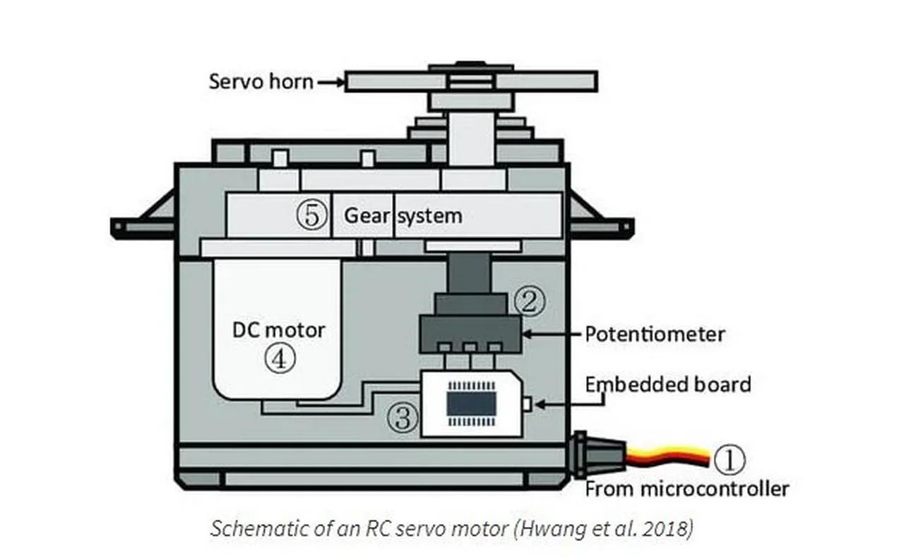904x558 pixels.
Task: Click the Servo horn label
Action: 261,81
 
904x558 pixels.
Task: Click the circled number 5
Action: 311,215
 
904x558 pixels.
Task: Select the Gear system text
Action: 403,215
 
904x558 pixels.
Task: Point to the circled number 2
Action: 529,301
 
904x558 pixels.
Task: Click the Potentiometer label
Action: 654,333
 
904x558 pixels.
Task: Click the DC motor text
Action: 279,330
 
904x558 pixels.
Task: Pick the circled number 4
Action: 279,359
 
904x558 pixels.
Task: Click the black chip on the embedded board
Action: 471,404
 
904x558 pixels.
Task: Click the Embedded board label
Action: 667,384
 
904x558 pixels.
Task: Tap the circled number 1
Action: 728,460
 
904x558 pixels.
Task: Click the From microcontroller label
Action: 686,488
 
